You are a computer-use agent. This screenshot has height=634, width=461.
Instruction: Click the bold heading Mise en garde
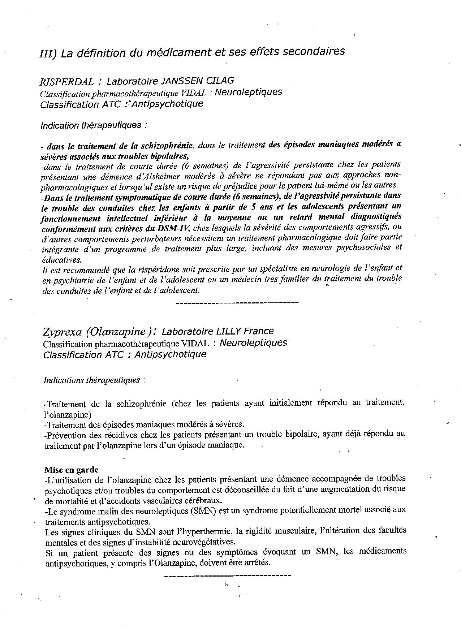click(x=71, y=470)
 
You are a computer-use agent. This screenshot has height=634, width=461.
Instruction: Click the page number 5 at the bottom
click(x=226, y=585)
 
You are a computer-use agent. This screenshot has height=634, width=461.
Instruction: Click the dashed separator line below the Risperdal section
click(x=237, y=302)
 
